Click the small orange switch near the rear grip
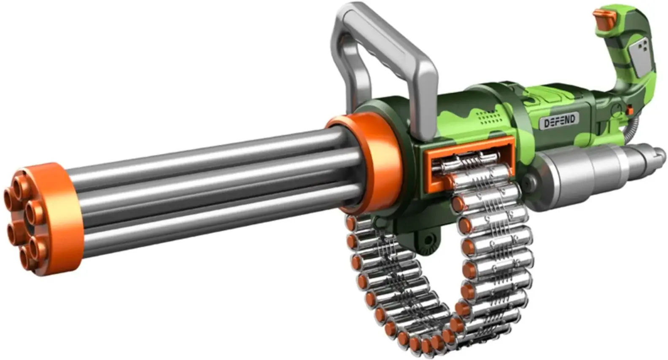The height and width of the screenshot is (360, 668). [630, 110]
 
